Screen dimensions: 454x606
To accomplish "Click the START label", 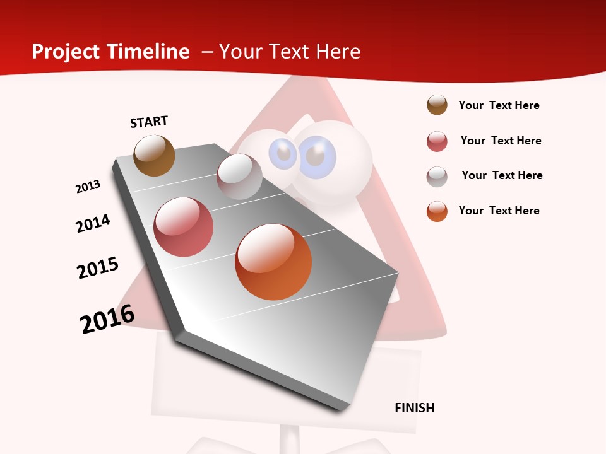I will coord(149,122).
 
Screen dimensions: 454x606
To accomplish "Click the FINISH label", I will coord(414,408).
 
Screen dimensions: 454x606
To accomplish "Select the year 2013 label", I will coord(88,187).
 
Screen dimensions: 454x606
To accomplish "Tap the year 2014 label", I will coord(93,223).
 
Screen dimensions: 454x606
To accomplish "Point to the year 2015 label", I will coord(98,268).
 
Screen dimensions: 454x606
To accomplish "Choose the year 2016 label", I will coord(107,319).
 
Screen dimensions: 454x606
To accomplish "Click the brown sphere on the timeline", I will coord(154,156).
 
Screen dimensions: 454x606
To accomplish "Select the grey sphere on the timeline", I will coord(239,177).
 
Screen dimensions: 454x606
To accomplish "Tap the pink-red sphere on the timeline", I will coord(184,227).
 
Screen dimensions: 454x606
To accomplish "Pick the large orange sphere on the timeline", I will coord(273,262).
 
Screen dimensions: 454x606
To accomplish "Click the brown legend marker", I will coord(437,105).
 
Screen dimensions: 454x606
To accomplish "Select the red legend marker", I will coord(437,141).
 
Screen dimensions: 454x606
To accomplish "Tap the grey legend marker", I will coord(437,177).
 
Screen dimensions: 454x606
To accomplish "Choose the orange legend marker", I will coord(437,211).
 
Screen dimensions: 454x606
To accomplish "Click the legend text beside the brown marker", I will coord(499,105).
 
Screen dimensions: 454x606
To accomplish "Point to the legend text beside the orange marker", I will coord(499,211).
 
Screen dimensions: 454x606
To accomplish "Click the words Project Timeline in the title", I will coord(110,52).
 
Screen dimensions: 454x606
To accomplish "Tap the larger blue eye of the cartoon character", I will coord(318,154).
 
